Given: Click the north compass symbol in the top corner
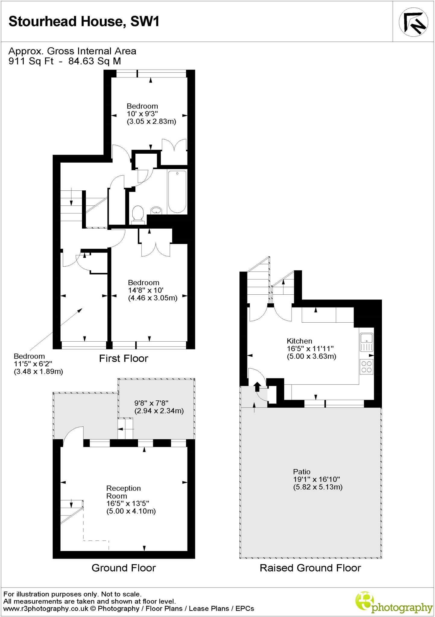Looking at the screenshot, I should pyautogui.click(x=413, y=21).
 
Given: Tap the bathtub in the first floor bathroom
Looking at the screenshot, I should pyautogui.click(x=177, y=192).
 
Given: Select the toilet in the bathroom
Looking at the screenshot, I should pyautogui.click(x=138, y=214).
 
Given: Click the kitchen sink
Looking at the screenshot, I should pyautogui.click(x=366, y=342).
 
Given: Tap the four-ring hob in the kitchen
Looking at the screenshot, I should pyautogui.click(x=366, y=367).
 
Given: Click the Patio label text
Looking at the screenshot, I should pyautogui.click(x=301, y=471).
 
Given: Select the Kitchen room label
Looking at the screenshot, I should pyautogui.click(x=299, y=341).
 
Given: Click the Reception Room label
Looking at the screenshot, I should pyautogui.click(x=123, y=492).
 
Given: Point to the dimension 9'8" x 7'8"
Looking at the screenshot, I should pyautogui.click(x=151, y=403).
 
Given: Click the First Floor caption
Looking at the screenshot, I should pyautogui.click(x=124, y=359).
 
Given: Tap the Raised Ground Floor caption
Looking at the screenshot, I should pyautogui.click(x=310, y=568).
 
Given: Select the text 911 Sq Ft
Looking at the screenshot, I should pyautogui.click(x=31, y=61).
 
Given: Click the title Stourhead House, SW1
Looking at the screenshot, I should pyautogui.click(x=84, y=22).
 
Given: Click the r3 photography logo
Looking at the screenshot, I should pyautogui.click(x=394, y=602).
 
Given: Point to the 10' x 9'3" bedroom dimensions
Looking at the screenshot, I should pyautogui.click(x=142, y=114).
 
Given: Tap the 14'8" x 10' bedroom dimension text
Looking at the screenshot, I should pyautogui.click(x=146, y=290).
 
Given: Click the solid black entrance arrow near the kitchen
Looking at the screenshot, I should pyautogui.click(x=257, y=386).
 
